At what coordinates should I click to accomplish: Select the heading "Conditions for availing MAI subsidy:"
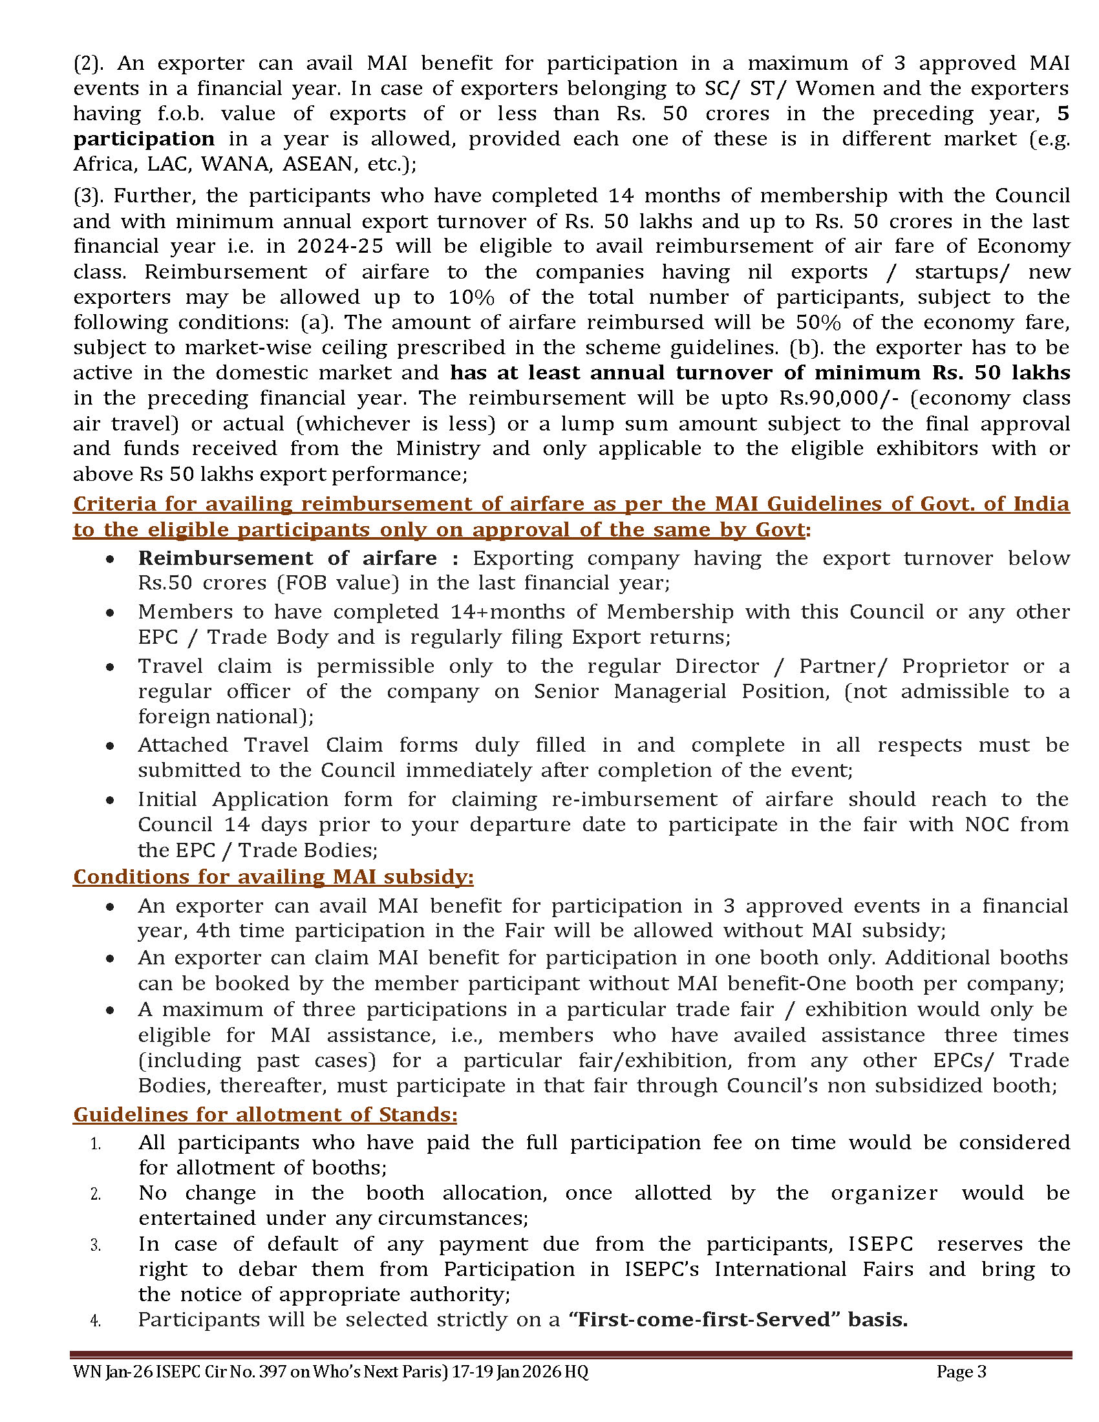coord(273,877)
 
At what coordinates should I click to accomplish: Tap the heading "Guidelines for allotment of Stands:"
coord(264,1115)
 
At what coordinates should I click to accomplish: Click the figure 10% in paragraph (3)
coord(471,297)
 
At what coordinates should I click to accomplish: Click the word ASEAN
coord(318,164)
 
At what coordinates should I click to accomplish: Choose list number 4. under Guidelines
coord(95,1321)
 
